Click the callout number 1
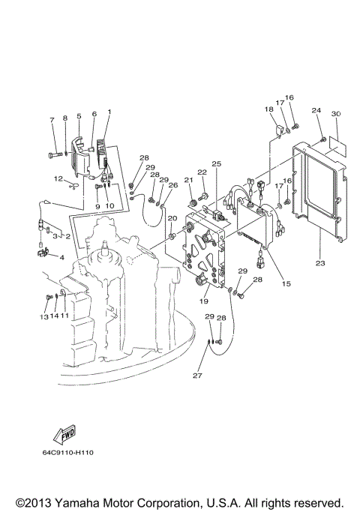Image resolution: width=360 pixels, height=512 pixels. (x=109, y=112)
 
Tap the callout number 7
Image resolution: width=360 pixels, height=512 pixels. (x=52, y=119)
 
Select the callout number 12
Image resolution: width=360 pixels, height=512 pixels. (x=57, y=178)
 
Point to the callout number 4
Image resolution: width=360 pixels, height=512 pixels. (x=61, y=258)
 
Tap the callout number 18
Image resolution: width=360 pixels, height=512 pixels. (x=268, y=109)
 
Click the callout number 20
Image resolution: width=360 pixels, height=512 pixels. (x=172, y=218)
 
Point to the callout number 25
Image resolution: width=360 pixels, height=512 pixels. (x=216, y=163)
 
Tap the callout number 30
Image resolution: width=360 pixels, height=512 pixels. (x=336, y=113)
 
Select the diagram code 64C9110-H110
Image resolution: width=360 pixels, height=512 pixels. (x=73, y=453)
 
